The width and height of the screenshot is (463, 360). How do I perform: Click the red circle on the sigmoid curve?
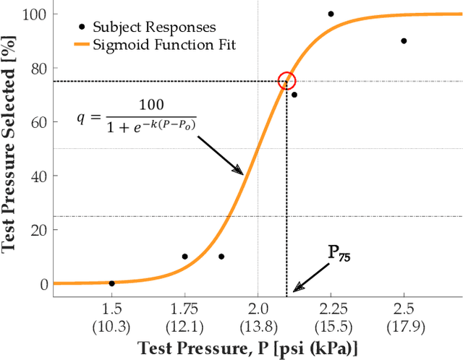click(x=287, y=80)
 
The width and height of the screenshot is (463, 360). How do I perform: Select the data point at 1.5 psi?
click(x=111, y=283)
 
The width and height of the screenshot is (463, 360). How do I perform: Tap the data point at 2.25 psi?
click(x=331, y=14)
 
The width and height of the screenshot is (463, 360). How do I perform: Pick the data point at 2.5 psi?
click(x=404, y=41)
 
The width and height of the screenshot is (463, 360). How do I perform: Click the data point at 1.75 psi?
click(x=184, y=257)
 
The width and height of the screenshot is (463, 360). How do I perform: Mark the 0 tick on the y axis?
click(x=43, y=284)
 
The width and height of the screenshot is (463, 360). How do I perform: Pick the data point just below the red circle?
click(x=294, y=95)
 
